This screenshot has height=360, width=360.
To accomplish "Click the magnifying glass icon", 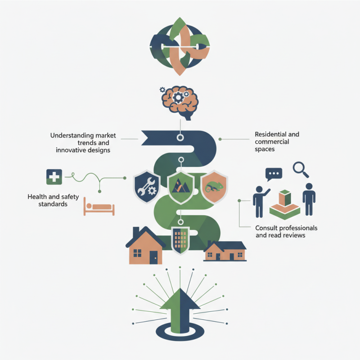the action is (300, 170).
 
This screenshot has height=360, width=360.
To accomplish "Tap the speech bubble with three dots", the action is (274, 174).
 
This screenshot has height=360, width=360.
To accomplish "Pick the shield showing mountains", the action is (181, 187).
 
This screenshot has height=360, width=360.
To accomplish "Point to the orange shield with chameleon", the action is (214, 187).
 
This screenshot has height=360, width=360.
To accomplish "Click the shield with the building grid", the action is (180, 240).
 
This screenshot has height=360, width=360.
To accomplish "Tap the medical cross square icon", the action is (54, 177).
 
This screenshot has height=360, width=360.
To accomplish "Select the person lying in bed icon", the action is (99, 206).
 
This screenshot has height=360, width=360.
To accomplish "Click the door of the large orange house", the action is (153, 257).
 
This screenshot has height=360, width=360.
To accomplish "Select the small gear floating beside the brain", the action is (162, 90).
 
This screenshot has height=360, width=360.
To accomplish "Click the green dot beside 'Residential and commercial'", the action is (220, 139).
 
